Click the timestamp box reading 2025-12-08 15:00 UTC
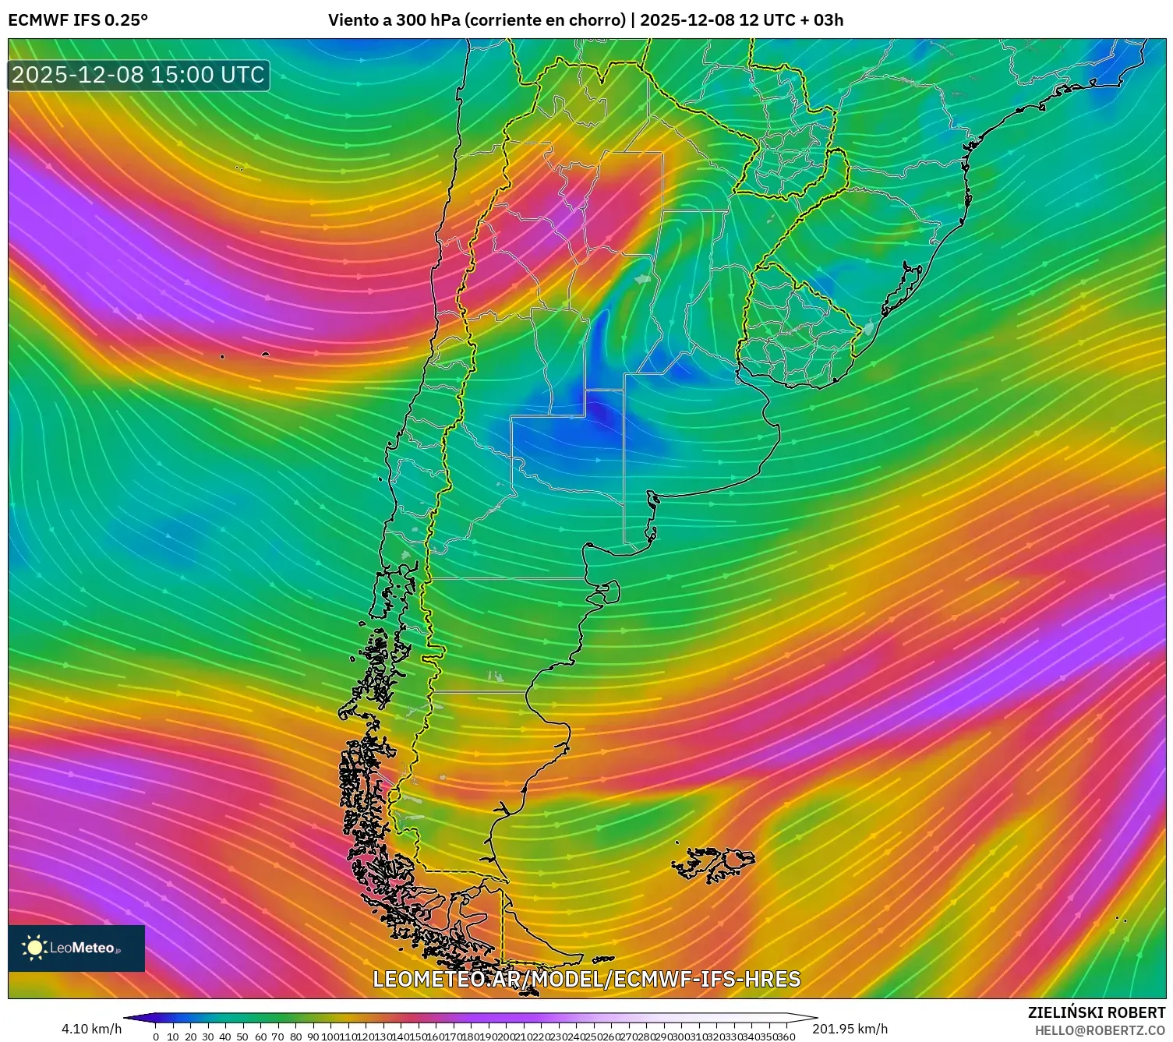[x=138, y=75]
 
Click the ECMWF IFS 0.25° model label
[x=78, y=20]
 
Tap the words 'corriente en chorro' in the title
[x=545, y=20]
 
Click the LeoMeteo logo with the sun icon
[x=76, y=948]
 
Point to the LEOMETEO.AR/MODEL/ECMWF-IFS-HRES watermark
[x=586, y=979]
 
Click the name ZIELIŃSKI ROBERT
[x=1096, y=1012]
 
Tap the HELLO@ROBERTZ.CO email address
[x=1100, y=1030]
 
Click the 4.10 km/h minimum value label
[x=91, y=1029]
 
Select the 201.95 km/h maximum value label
[x=850, y=1029]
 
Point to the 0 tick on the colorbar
[x=156, y=1037]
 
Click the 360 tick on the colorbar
[x=786, y=1037]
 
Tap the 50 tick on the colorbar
[x=242, y=1037]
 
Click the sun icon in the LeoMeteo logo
[x=35, y=948]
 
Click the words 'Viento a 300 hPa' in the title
[x=394, y=20]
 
